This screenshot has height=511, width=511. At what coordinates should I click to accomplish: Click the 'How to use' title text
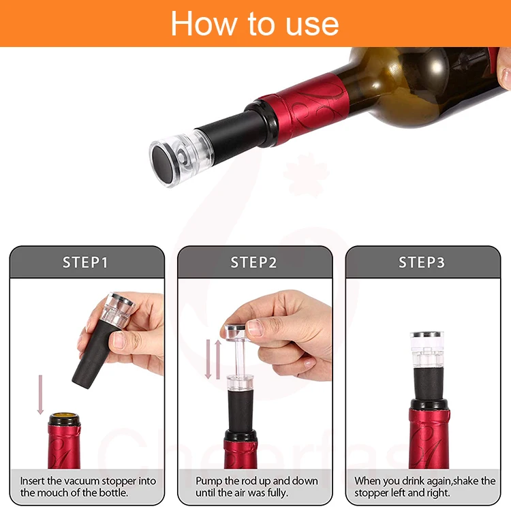(x=255, y=23)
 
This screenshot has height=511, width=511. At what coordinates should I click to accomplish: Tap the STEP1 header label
(x=85, y=262)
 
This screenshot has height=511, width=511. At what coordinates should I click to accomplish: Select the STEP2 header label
(x=253, y=262)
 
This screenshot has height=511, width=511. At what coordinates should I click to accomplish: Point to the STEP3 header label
(x=422, y=262)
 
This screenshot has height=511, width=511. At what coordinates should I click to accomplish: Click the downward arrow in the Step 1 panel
(x=40, y=394)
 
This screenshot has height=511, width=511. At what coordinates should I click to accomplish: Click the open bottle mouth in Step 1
(x=65, y=416)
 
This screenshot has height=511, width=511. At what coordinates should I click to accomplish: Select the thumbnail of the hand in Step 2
(x=255, y=328)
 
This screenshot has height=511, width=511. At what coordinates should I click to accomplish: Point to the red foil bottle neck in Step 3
(x=429, y=438)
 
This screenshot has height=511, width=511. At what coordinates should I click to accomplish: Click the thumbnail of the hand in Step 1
(x=119, y=340)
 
